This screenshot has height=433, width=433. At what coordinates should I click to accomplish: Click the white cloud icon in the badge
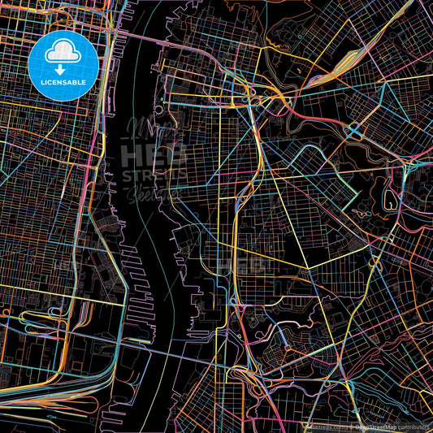click(x=63, y=54)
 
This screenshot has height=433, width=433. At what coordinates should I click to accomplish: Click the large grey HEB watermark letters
click(x=153, y=153)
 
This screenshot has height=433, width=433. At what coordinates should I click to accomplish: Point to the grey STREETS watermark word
click(x=154, y=174)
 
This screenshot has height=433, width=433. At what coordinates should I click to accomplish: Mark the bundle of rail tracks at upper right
click(x=333, y=69)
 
